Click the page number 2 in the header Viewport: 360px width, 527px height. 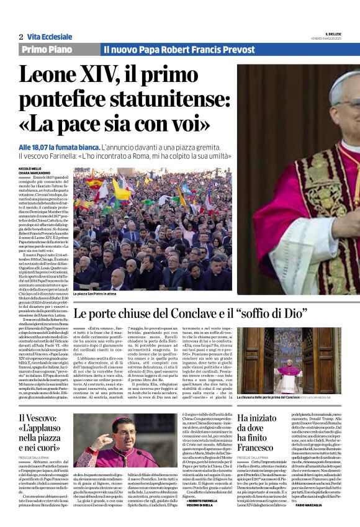coord(20,37)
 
